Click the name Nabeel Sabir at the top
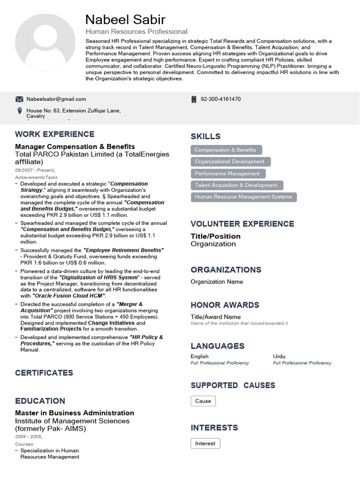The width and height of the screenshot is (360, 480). click(x=125, y=19)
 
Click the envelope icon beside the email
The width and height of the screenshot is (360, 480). click(x=19, y=99)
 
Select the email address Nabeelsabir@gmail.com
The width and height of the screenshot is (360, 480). click(x=56, y=99)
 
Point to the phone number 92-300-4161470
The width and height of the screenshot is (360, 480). click(x=221, y=99)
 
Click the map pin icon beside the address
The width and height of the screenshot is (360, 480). click(x=19, y=111)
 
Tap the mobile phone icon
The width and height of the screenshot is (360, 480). click(x=194, y=99)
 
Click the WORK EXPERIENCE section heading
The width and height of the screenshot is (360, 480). click(x=55, y=134)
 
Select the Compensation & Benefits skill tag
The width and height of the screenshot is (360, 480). click(x=225, y=150)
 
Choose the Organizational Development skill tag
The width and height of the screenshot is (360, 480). click(x=230, y=162)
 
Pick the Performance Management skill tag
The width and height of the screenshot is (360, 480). click(x=227, y=173)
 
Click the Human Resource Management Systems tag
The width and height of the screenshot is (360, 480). click(x=243, y=197)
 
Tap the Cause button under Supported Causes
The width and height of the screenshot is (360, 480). click(x=203, y=401)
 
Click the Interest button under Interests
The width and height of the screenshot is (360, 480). click(x=205, y=443)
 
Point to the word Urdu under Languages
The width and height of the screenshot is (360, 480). click(x=279, y=356)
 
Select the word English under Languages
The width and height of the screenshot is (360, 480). click(x=200, y=356)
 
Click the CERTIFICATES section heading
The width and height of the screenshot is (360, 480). click(x=44, y=373)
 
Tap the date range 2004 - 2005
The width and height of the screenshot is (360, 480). click(x=28, y=436)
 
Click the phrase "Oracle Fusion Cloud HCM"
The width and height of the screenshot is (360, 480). click(x=69, y=296)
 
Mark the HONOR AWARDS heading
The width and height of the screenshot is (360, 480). click(x=225, y=305)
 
